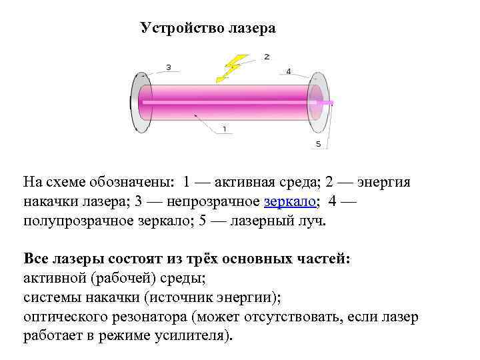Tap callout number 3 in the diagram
[x=169, y=67]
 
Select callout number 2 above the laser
[x=267, y=57]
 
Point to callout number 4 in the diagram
[x=288, y=71]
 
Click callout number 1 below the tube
[x=224, y=128]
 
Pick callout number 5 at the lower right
[x=318, y=144]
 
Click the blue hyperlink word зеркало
[x=291, y=201]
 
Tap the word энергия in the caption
[x=385, y=182]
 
